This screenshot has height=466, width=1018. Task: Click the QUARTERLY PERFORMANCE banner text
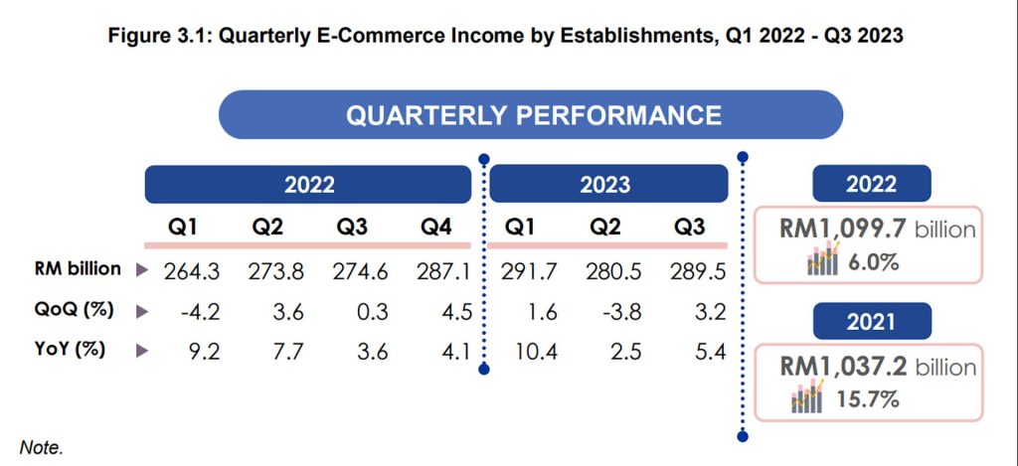pos(533,114)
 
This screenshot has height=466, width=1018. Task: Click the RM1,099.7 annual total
pos(840,231)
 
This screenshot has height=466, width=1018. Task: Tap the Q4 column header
pos(434,226)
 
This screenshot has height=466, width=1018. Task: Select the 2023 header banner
pos(604,185)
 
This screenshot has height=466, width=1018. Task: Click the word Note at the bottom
pos(41,448)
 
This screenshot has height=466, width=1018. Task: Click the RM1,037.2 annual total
pos(840,368)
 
